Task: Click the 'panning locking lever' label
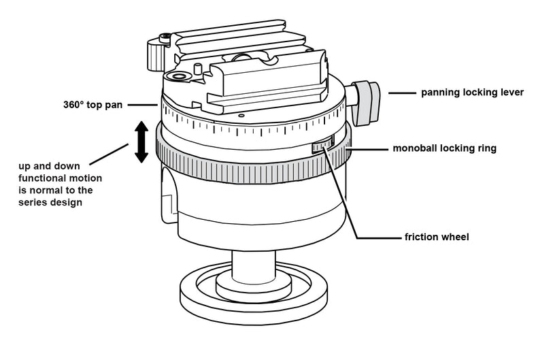click(x=472, y=92)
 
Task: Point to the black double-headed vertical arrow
click(x=141, y=142)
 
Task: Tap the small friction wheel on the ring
click(x=323, y=147)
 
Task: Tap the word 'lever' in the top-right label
click(x=510, y=92)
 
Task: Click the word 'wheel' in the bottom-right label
click(x=454, y=238)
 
